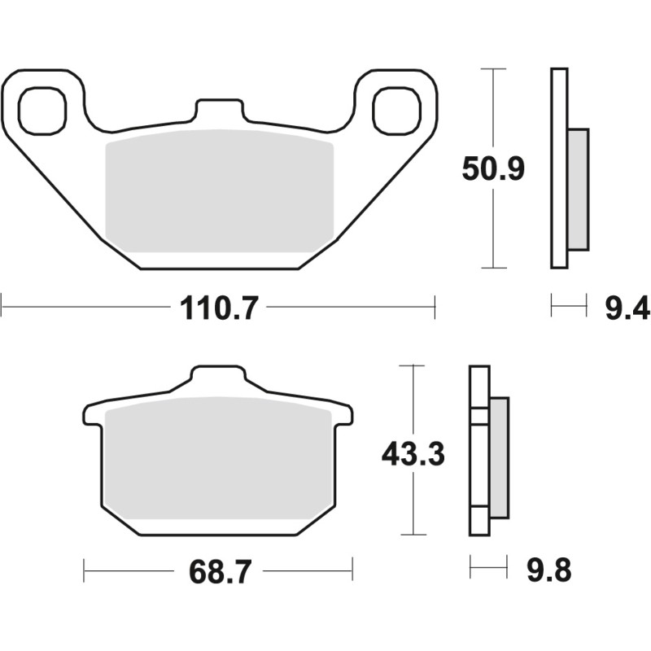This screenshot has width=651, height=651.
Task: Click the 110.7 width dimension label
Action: pyautogui.click(x=218, y=308)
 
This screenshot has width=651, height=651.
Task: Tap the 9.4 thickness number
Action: pyautogui.click(x=627, y=308)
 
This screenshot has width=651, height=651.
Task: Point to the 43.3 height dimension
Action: pyautogui.click(x=413, y=453)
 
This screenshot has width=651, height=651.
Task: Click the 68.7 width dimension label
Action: pyautogui.click(x=218, y=570)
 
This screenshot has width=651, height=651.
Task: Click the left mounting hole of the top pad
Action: pyautogui.click(x=41, y=111)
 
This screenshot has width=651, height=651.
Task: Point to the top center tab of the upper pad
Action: pyautogui.click(x=219, y=112)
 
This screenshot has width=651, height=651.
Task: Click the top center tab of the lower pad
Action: pyautogui.click(x=218, y=380)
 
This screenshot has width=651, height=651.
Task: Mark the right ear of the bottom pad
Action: pyautogui.click(x=344, y=415)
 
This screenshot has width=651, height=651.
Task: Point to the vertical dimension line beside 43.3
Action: pyautogui.click(x=414, y=505)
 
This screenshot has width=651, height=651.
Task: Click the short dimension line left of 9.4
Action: pyautogui.click(x=569, y=308)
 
